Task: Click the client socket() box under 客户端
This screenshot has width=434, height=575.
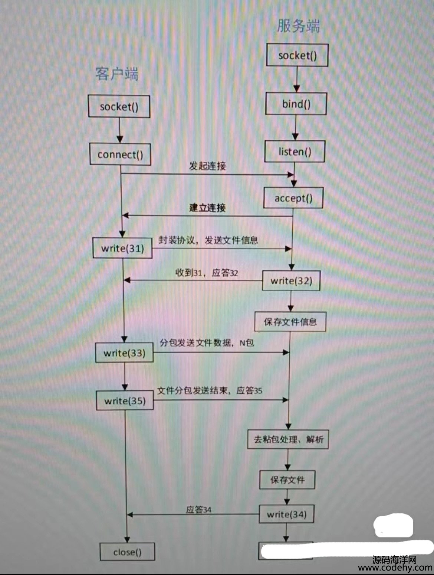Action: (119, 107)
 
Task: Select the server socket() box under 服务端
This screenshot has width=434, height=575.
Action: (297, 55)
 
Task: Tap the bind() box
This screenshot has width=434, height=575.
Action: (296, 104)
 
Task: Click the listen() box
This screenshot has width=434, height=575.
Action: (295, 152)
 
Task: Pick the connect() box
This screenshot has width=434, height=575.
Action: (120, 154)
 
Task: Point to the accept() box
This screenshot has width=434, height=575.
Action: (293, 198)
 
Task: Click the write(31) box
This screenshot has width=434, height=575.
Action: (122, 248)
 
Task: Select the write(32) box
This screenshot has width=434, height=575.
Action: (291, 281)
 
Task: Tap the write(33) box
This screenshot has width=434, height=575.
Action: (124, 353)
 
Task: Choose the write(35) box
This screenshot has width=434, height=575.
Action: (125, 400)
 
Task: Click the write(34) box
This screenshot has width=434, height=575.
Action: (286, 514)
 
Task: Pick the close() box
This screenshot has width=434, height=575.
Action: (127, 552)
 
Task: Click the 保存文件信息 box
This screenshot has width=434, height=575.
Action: (290, 322)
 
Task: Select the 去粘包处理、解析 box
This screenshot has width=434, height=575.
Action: (288, 439)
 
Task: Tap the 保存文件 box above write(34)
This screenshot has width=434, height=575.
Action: (287, 480)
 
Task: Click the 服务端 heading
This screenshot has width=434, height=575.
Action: (298, 26)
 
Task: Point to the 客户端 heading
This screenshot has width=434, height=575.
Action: (117, 74)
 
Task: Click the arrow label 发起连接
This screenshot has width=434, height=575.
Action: (207, 166)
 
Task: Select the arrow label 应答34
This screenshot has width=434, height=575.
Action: (198, 510)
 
